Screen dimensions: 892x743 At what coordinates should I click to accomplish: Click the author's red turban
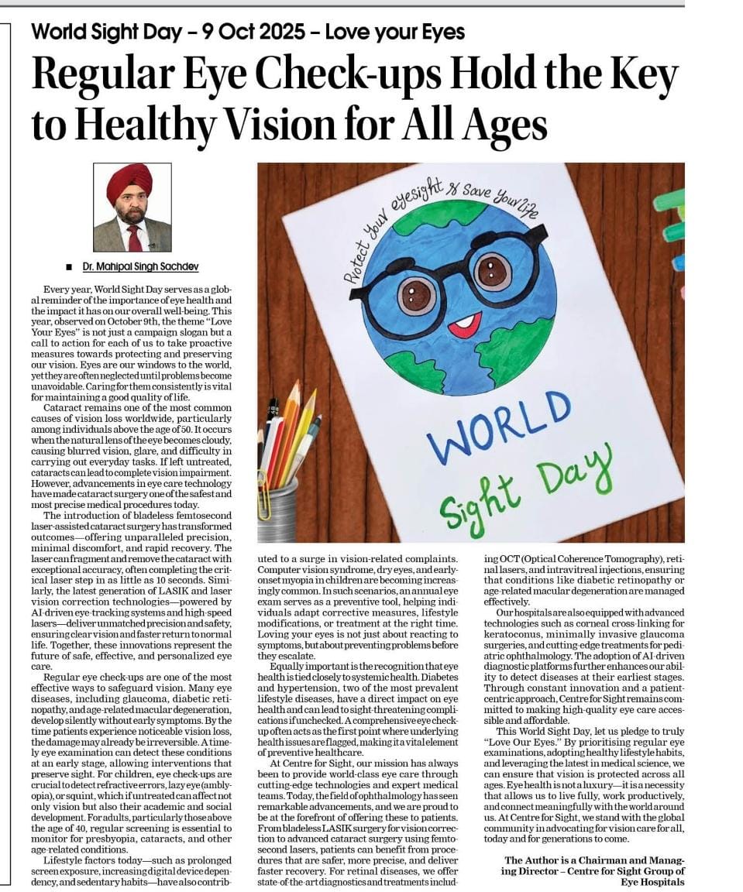click(129, 180)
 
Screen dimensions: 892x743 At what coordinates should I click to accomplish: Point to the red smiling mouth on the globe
click(464, 324)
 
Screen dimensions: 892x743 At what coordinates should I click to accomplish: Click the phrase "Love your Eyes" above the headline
click(394, 33)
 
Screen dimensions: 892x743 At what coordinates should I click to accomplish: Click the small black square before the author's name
click(69, 267)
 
